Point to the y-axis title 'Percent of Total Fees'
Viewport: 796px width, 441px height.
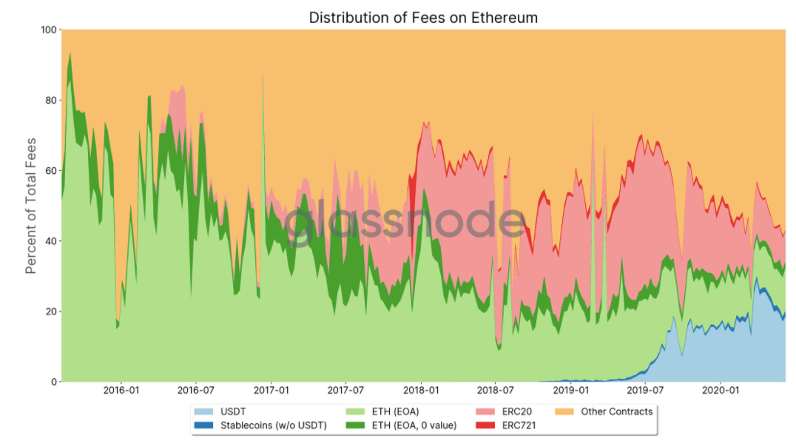[x=31, y=206]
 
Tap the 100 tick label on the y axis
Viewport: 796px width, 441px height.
[x=48, y=30]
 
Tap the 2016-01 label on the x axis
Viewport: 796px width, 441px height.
[x=121, y=390]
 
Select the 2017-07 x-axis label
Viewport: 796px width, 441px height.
[x=346, y=390]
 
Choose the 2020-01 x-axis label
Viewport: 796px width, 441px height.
[x=721, y=390]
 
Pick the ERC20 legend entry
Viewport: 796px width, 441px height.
[x=518, y=411]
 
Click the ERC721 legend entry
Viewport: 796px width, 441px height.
[x=521, y=425]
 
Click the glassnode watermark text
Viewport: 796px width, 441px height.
[x=405, y=224]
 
